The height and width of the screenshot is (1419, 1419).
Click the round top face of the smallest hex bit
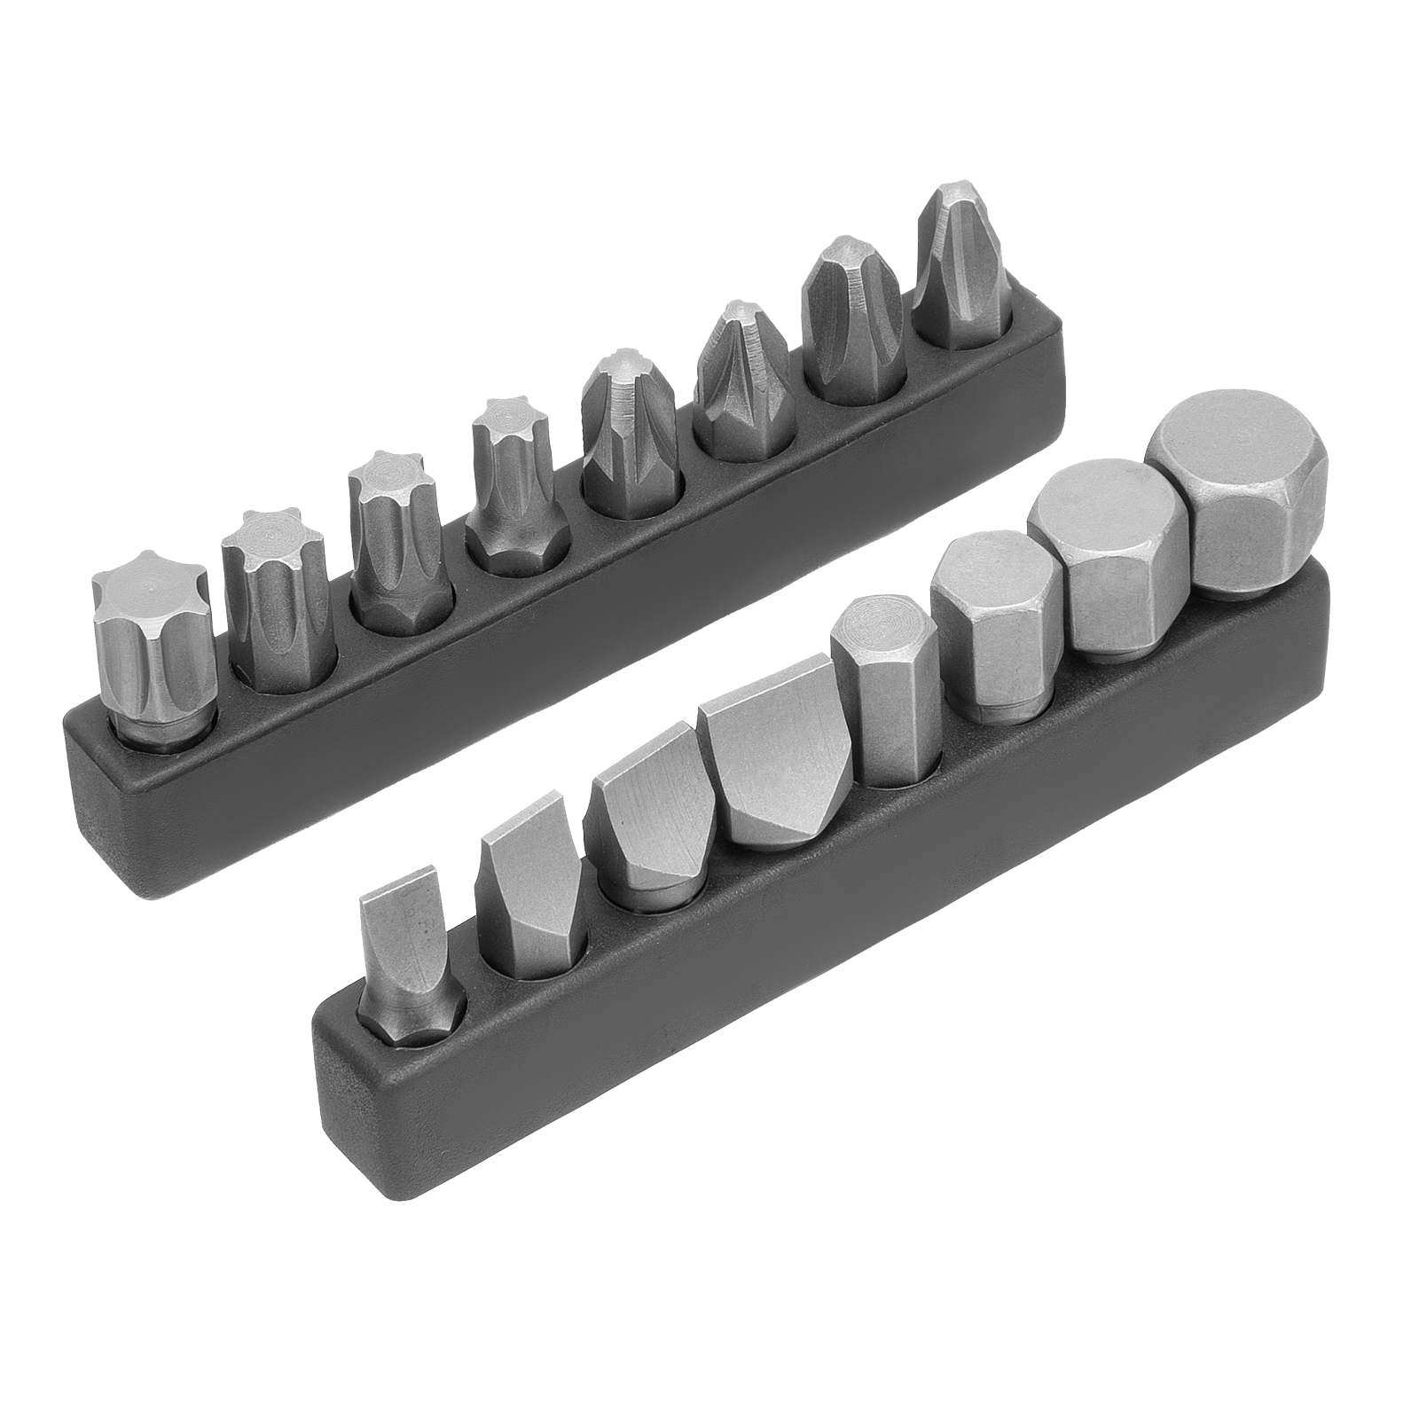pyautogui.click(x=869, y=621)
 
